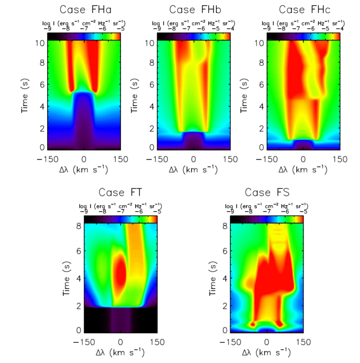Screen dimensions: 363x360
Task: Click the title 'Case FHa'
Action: (x=84, y=10)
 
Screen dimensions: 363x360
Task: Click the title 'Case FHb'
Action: (x=194, y=10)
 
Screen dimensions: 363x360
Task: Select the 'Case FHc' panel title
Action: (x=304, y=10)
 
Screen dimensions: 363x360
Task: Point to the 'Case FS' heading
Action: (x=267, y=193)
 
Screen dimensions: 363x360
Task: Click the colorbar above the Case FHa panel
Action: (x=84, y=36)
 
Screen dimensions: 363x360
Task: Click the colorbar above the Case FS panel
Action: (x=267, y=219)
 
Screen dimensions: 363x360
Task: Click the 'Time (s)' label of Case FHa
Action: (x=25, y=95)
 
